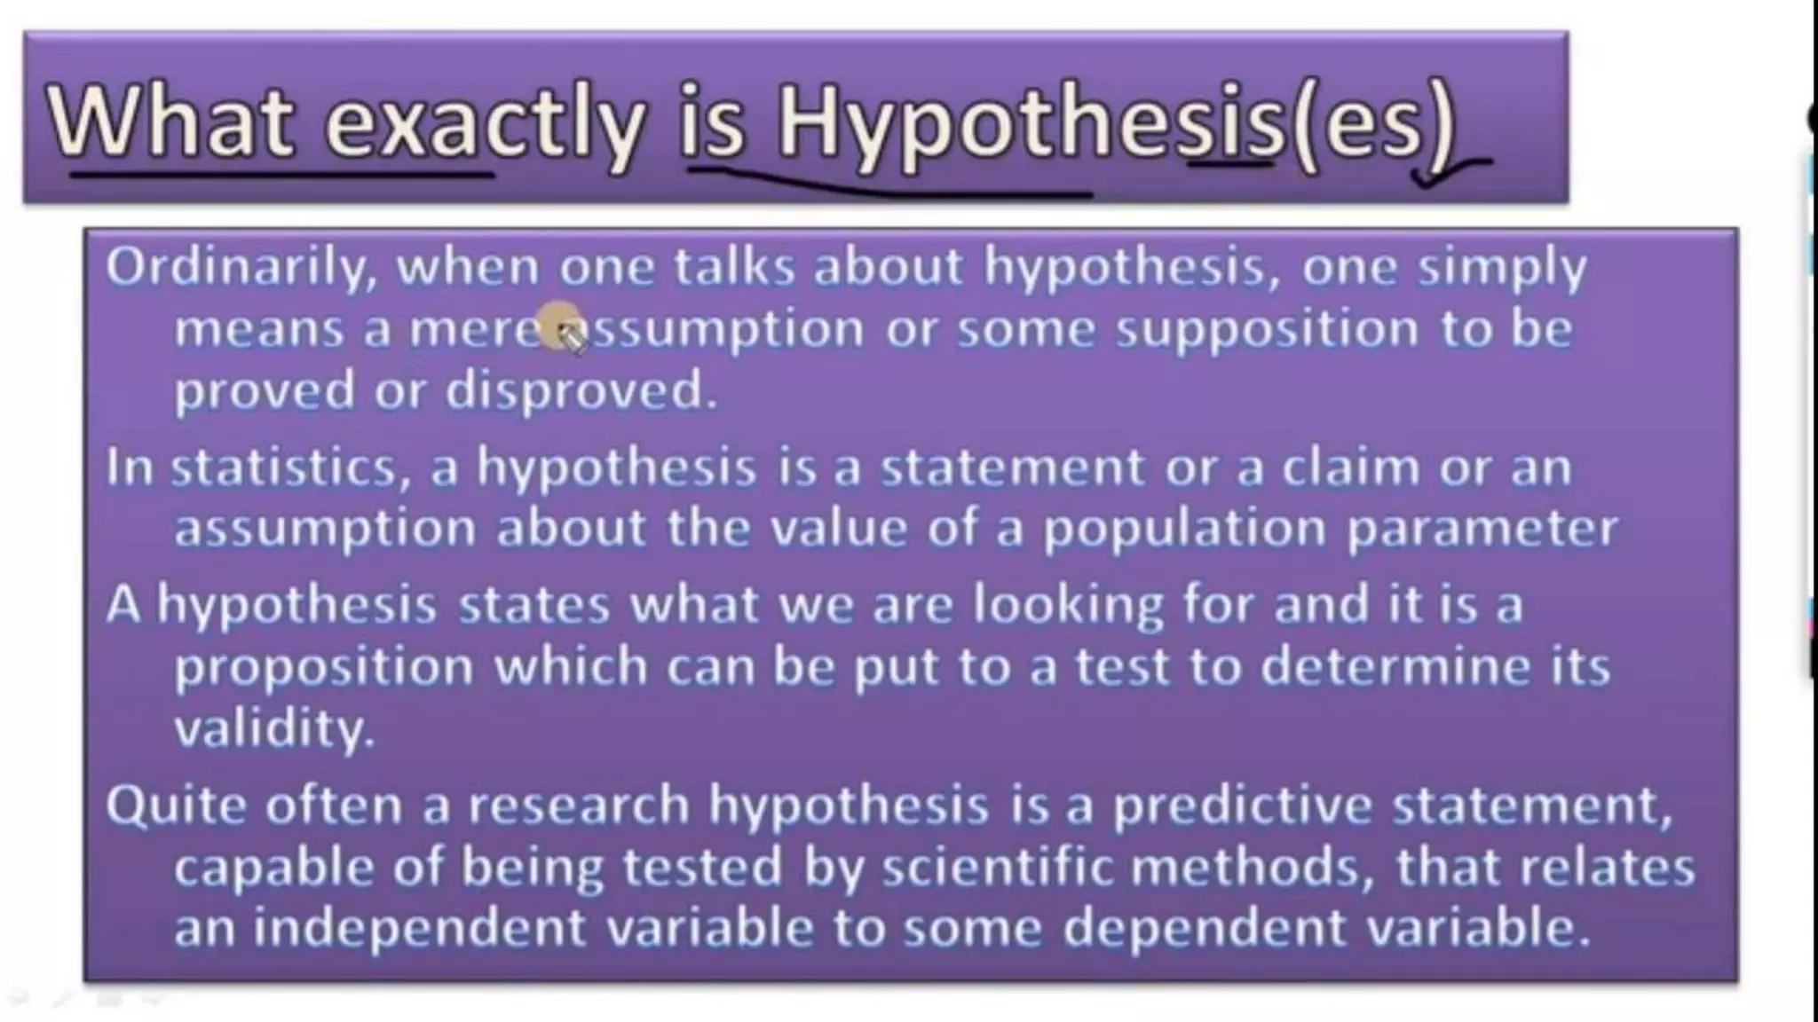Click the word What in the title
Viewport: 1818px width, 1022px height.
pos(169,121)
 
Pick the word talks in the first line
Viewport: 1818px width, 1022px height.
pos(733,266)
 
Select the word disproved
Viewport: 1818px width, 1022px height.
pos(581,390)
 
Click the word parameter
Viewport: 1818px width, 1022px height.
pos(1482,530)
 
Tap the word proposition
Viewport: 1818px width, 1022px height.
pos(324,667)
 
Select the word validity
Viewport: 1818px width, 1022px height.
pos(273,729)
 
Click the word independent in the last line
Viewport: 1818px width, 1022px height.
pos(419,929)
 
